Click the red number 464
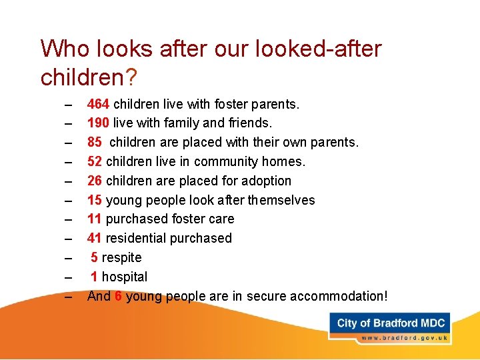[x=99, y=104]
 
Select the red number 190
[x=99, y=123]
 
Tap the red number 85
[x=95, y=143]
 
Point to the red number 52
[x=95, y=162]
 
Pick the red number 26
[x=95, y=181]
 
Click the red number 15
[x=95, y=200]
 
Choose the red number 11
[x=95, y=219]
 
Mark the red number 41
[x=95, y=238]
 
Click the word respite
[x=121, y=257]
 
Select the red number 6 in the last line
[x=118, y=296]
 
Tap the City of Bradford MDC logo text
[x=391, y=323]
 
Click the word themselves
[x=282, y=200]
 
